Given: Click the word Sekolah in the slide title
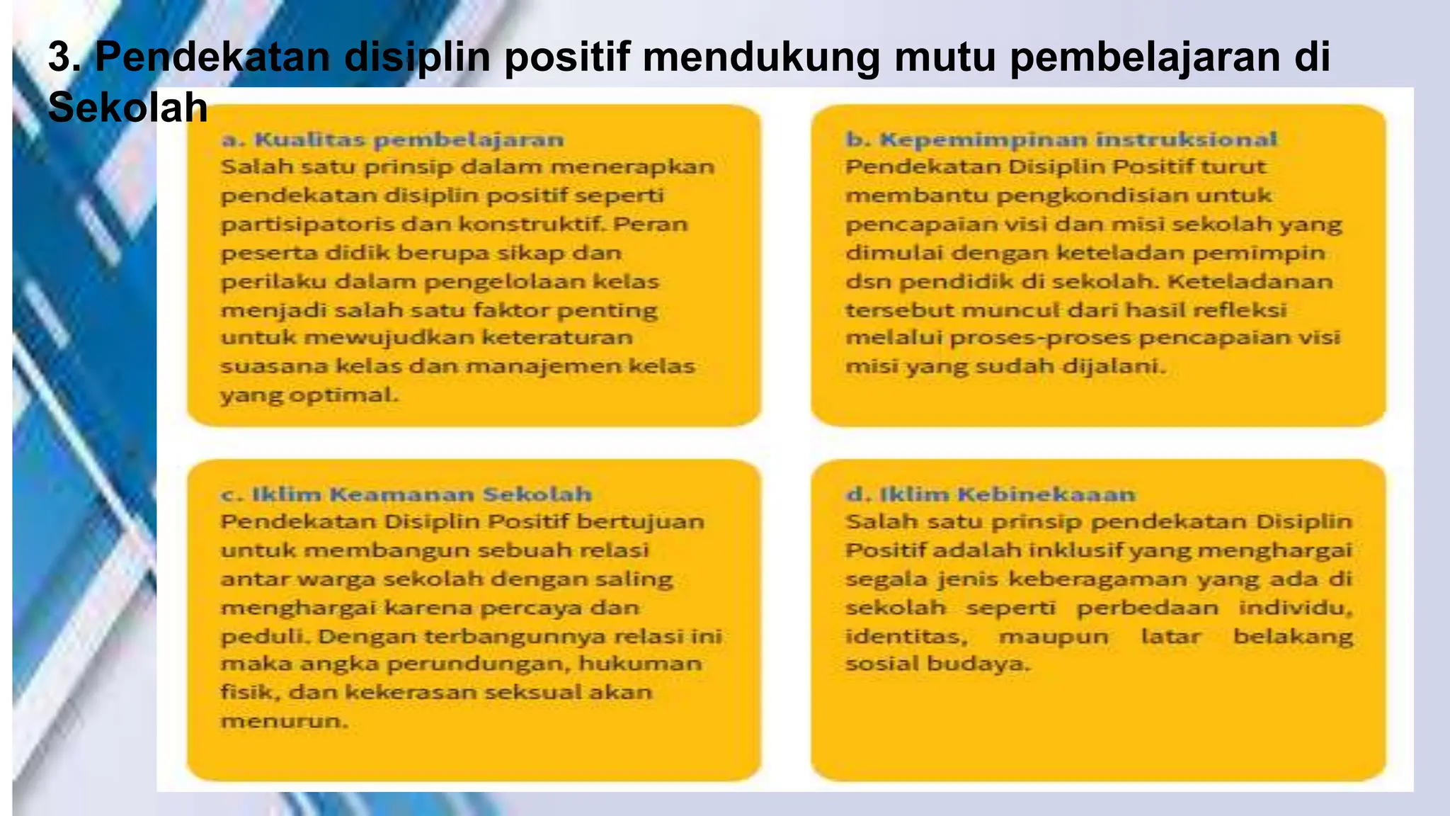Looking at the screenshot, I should [x=127, y=108].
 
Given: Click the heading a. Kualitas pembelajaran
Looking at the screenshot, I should [x=393, y=140].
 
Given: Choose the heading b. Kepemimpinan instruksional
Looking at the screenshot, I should [x=1061, y=140].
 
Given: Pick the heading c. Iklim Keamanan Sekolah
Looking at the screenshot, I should [x=406, y=494].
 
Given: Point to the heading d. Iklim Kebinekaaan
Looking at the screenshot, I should [x=991, y=494].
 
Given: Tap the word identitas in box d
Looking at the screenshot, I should [x=906, y=636].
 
